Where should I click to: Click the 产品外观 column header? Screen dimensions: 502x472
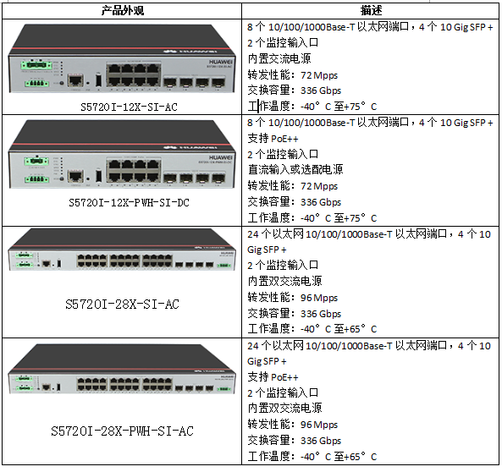(x=122, y=10)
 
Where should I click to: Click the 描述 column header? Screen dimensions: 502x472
(x=371, y=10)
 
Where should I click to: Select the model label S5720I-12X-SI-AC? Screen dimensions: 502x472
(x=129, y=107)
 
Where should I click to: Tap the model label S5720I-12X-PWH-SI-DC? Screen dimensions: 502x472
(x=129, y=202)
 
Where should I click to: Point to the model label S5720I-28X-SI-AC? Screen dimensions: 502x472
(x=122, y=304)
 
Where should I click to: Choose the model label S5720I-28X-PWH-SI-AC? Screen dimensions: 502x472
(x=122, y=431)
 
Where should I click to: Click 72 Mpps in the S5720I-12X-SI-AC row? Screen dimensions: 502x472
(x=319, y=75)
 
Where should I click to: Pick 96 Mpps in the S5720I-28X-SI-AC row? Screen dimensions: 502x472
(x=319, y=298)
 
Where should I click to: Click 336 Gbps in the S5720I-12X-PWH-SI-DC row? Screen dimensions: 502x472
(x=321, y=202)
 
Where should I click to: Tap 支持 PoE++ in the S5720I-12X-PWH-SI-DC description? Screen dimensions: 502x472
(x=273, y=139)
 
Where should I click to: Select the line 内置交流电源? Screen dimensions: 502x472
(x=279, y=58)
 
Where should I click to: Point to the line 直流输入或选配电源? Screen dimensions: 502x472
(x=295, y=170)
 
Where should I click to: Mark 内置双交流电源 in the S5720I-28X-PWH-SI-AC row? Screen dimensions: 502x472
(x=284, y=408)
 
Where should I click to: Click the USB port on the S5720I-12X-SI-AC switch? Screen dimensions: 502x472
(x=98, y=80)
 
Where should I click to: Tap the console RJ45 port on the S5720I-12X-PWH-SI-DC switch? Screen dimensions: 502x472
(x=75, y=176)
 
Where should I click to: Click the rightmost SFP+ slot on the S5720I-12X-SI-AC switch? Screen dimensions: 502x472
(x=218, y=82)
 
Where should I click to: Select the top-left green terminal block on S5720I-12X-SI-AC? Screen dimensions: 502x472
(x=36, y=65)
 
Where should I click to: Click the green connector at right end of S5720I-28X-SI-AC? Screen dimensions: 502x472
(x=223, y=266)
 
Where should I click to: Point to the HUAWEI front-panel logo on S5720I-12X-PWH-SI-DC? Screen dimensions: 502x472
(x=221, y=157)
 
